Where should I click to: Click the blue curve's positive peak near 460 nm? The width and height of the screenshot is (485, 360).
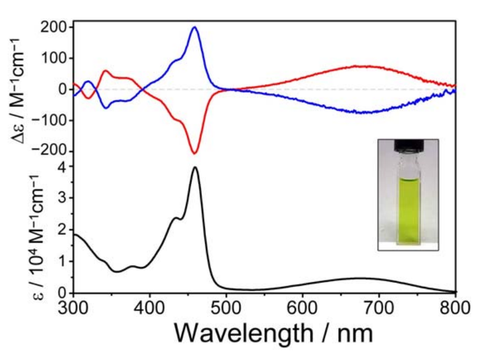195,27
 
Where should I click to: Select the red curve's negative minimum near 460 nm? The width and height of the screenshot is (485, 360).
195,153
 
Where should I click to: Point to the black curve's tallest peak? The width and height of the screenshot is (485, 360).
195,167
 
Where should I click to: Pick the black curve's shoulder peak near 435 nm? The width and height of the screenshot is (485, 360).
176,218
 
